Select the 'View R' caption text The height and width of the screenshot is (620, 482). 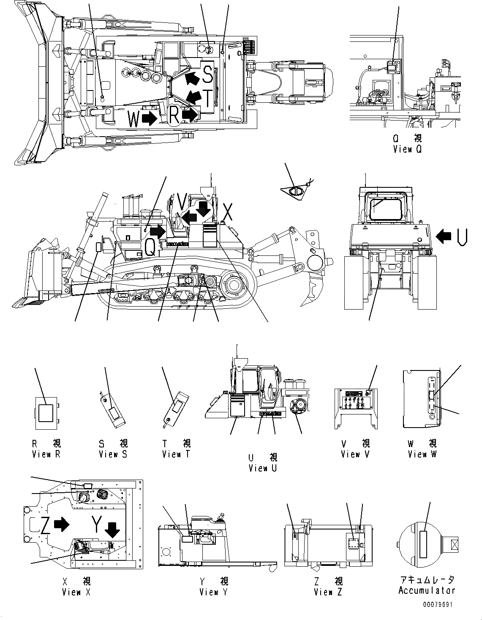pyautogui.click(x=46, y=454)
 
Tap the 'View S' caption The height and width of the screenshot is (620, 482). pyautogui.click(x=113, y=454)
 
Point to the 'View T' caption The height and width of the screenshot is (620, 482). pyautogui.click(x=176, y=454)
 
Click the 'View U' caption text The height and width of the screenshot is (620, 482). pyautogui.click(x=263, y=468)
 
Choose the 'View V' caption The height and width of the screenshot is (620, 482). pyautogui.click(x=356, y=454)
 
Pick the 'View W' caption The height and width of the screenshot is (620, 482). pyautogui.click(x=422, y=454)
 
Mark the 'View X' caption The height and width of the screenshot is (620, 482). pyautogui.click(x=76, y=592)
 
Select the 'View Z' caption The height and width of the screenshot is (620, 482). pyautogui.click(x=328, y=592)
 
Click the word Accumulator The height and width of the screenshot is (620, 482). pyautogui.click(x=427, y=590)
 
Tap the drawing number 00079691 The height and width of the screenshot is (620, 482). pyautogui.click(x=438, y=604)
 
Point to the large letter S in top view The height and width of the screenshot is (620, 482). pyautogui.click(x=207, y=74)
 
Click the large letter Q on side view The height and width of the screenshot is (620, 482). pyautogui.click(x=150, y=247)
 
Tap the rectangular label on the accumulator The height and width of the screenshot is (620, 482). pyautogui.click(x=425, y=543)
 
